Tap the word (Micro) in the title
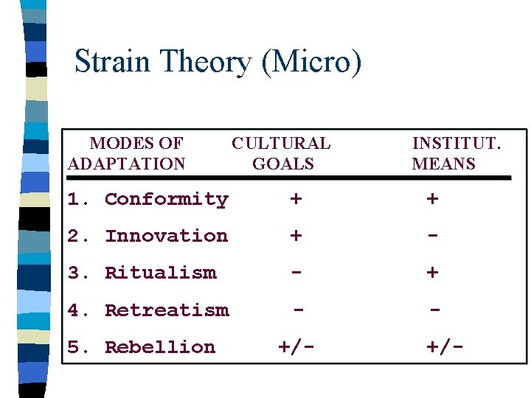[311, 62]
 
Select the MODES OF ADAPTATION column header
[126, 153]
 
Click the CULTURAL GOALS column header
[282, 153]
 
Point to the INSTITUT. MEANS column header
[455, 153]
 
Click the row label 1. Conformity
[148, 199]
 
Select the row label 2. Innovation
[148, 236]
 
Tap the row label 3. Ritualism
[142, 273]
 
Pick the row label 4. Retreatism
[148, 310]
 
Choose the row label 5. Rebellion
[142, 347]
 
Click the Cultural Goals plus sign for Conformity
[296, 199]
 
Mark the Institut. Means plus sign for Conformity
[432, 199]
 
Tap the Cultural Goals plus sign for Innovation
[296, 236]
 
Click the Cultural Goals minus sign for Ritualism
[296, 272]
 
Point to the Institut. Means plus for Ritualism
[432, 273]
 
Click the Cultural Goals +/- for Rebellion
[296, 347]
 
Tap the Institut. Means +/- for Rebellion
[445, 347]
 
